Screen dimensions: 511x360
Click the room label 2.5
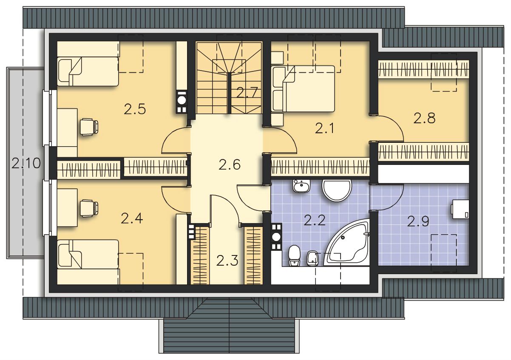[x=135, y=109]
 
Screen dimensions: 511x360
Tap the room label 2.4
[x=132, y=218]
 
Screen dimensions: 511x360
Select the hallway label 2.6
[x=230, y=164]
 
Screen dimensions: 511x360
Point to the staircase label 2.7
[x=247, y=93]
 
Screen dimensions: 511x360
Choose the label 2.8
[x=425, y=119]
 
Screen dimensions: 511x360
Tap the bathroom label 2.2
[x=314, y=221]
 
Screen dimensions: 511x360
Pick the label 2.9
[x=418, y=221]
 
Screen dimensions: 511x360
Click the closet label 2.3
[x=227, y=261]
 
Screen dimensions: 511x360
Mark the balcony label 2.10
[x=26, y=163]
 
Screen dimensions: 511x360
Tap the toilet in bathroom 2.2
[x=294, y=255]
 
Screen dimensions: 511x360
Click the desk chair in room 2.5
[x=89, y=127]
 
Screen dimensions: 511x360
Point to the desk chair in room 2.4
[x=89, y=208]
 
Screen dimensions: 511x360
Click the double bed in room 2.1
[x=303, y=89]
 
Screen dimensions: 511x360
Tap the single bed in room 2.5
[x=88, y=71]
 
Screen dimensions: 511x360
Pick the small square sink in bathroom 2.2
[x=301, y=186]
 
